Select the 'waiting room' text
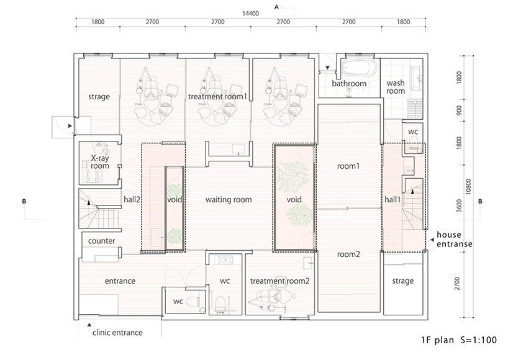(x=229, y=200)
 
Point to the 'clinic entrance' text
(x=117, y=333)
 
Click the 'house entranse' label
(x=455, y=240)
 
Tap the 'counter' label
(x=101, y=241)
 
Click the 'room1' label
(x=348, y=166)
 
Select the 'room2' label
(x=348, y=254)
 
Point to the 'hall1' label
(x=392, y=200)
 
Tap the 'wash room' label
(x=396, y=87)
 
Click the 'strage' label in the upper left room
(x=99, y=97)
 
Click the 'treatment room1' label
(x=217, y=96)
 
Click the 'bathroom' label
(x=348, y=83)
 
